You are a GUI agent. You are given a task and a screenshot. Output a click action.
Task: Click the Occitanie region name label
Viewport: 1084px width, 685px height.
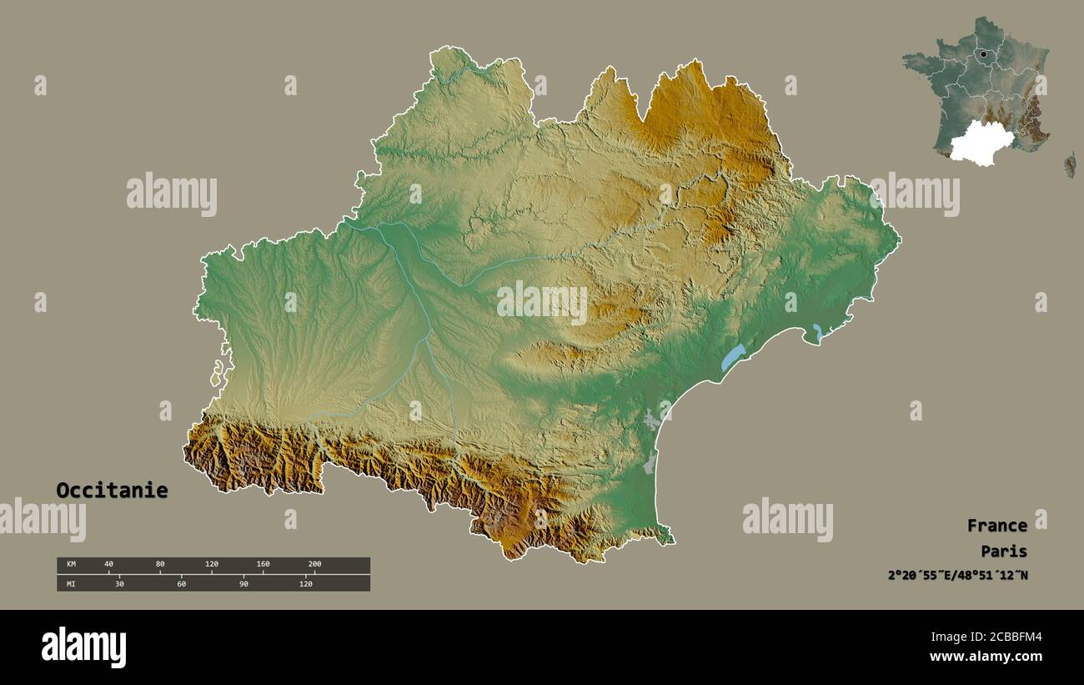[x=112, y=491]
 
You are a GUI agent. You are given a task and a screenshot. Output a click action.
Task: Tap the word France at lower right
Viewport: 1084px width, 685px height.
[x=996, y=526]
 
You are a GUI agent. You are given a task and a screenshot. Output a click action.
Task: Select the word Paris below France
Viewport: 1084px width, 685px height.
[x=1004, y=552]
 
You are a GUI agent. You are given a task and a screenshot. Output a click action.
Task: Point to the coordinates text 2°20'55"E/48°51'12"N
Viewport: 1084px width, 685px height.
[x=957, y=576]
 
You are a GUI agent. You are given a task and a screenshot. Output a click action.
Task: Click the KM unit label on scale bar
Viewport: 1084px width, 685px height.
[x=70, y=565]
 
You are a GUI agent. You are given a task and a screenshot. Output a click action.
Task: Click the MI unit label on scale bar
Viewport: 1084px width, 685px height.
[x=70, y=584]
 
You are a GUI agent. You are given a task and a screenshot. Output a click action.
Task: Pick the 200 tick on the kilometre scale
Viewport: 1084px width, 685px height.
[x=314, y=565]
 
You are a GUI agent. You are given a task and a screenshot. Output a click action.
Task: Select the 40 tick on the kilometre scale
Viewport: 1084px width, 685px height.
[x=108, y=565]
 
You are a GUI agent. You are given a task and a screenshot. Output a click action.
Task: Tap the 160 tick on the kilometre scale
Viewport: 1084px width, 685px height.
[x=263, y=565]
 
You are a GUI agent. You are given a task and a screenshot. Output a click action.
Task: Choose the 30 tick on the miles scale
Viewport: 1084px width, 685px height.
[x=119, y=584]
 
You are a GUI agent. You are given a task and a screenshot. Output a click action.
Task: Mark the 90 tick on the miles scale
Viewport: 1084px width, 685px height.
[x=243, y=584]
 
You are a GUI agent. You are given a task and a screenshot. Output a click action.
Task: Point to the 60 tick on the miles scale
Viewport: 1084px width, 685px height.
[x=181, y=584]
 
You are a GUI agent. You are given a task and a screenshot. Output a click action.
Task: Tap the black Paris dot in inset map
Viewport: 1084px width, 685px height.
[x=984, y=54]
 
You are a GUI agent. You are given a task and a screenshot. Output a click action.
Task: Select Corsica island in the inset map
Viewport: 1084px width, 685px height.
[x=1069, y=165]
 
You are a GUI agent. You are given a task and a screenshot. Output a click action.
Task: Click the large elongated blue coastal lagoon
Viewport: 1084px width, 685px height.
[x=732, y=357]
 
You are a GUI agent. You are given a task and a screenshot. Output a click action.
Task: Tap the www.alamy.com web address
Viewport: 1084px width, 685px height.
[x=986, y=657]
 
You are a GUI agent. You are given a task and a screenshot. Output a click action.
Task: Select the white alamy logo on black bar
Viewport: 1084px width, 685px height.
[x=83, y=647]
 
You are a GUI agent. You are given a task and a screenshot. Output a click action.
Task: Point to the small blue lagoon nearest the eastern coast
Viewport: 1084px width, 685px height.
[x=818, y=332]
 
